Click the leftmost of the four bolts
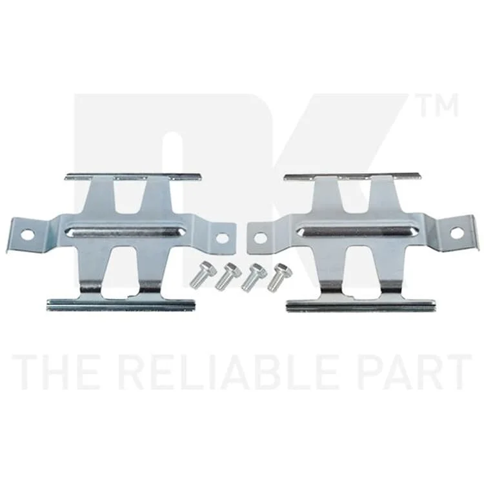coord(199,276)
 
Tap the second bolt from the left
coord(228,276)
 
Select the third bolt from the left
coord(254,277)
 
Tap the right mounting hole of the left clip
coord(222,237)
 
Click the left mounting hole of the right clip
coord(260,238)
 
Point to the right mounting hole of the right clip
coord(456,233)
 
